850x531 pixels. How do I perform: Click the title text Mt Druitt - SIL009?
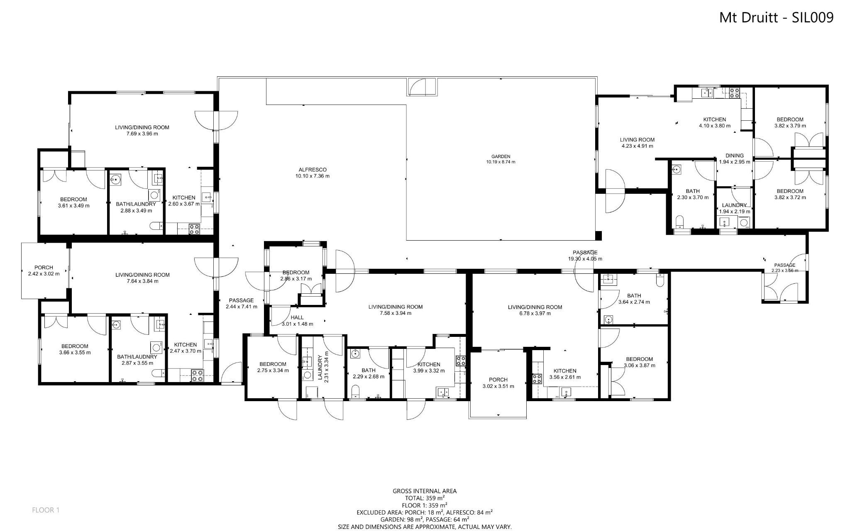pyautogui.click(x=776, y=17)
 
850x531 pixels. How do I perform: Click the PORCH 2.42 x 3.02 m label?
pyautogui.click(x=44, y=270)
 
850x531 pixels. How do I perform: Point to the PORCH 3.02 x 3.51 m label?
pyautogui.click(x=498, y=382)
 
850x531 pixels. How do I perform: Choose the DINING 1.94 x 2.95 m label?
pyautogui.click(x=734, y=159)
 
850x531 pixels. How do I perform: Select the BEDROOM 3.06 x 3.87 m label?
pyautogui.click(x=639, y=362)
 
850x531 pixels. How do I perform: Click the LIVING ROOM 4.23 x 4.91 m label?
pyautogui.click(x=637, y=143)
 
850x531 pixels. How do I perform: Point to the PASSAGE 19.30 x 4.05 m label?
pyautogui.click(x=585, y=255)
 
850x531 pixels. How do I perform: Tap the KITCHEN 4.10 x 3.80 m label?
pyautogui.click(x=714, y=122)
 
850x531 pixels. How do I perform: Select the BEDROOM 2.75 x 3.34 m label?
pyautogui.click(x=272, y=367)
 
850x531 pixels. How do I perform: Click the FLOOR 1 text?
pyautogui.click(x=46, y=510)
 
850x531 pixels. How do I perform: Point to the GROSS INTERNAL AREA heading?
pyautogui.click(x=425, y=491)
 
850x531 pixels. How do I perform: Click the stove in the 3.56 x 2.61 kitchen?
pyautogui.click(x=537, y=378)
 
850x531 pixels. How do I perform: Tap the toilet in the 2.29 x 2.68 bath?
pyautogui.click(x=355, y=392)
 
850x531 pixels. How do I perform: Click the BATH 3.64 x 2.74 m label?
pyautogui.click(x=634, y=299)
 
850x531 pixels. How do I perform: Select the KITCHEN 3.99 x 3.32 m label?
pyautogui.click(x=428, y=368)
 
